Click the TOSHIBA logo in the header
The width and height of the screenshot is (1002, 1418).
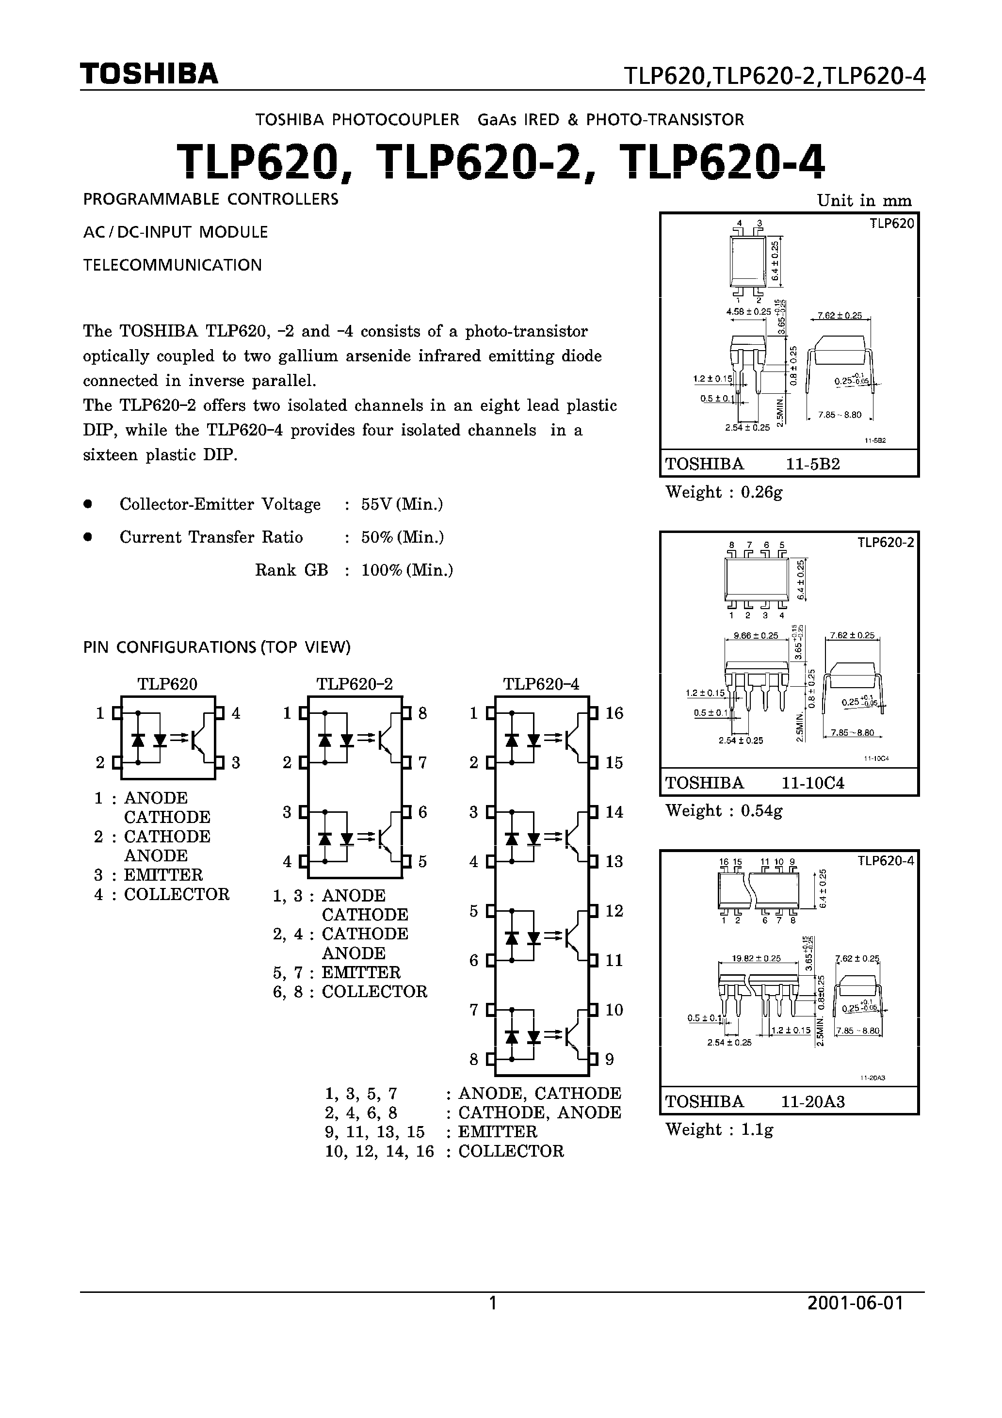(149, 74)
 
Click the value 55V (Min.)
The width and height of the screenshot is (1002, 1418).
(402, 504)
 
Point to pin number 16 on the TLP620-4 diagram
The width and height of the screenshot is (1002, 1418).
(614, 713)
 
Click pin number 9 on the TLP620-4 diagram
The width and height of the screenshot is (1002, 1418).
(609, 1059)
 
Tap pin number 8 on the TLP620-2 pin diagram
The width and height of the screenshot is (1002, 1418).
(422, 713)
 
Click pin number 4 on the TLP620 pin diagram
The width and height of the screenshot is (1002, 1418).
(235, 713)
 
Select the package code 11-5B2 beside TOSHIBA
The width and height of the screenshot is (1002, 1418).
(812, 465)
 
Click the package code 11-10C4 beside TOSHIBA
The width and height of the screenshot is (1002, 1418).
(812, 783)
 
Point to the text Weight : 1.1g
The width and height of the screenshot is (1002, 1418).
(719, 1129)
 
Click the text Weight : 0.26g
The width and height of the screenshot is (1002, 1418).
(724, 492)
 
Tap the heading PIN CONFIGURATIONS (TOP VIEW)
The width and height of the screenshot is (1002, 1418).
(217, 647)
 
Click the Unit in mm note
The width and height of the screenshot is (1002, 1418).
(864, 201)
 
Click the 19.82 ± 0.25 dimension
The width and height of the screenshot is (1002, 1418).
(756, 959)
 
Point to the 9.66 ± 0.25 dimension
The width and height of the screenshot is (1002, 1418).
(756, 635)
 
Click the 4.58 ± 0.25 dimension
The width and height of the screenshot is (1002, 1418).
(749, 312)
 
